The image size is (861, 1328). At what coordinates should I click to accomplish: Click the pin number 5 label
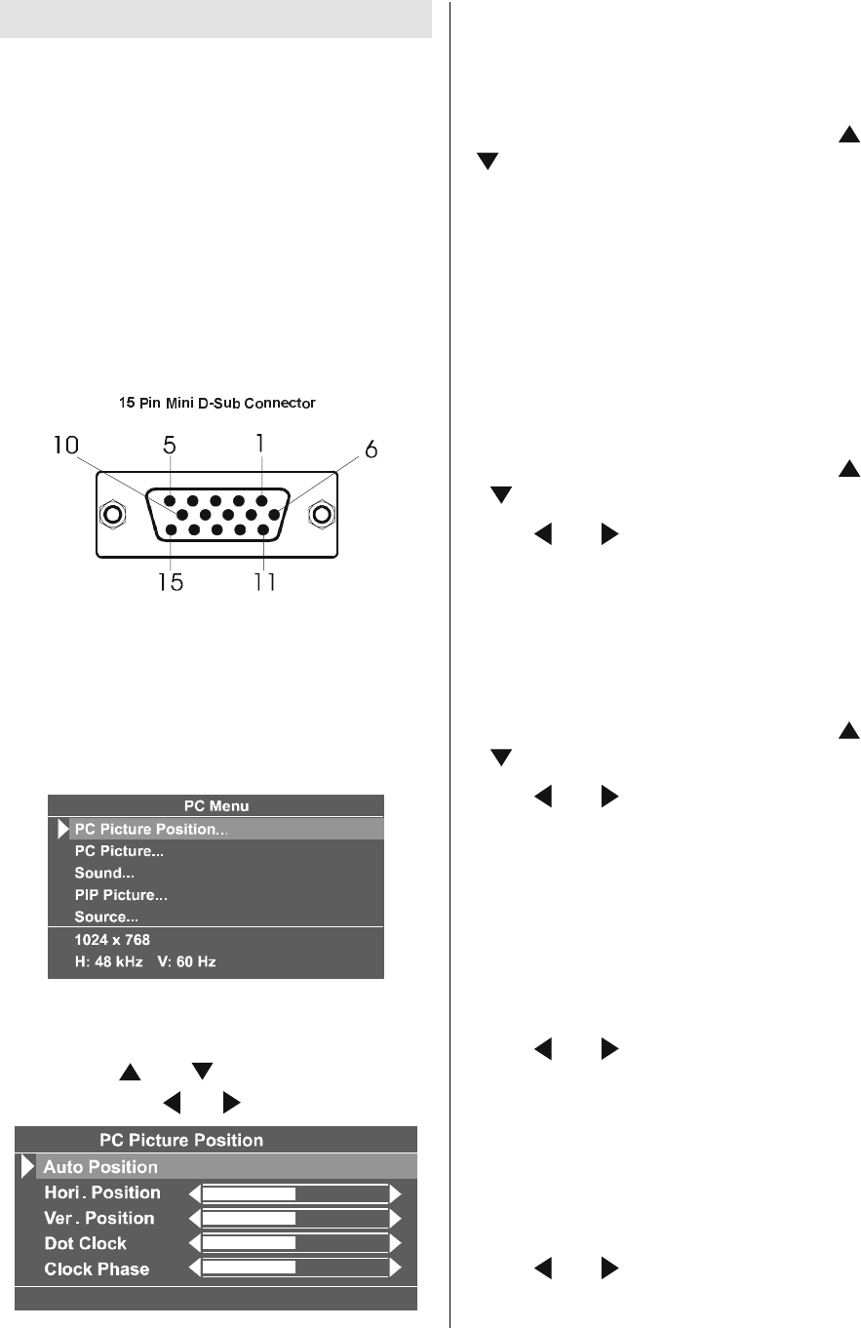pyautogui.click(x=170, y=446)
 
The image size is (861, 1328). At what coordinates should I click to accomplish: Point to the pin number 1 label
pyautogui.click(x=259, y=442)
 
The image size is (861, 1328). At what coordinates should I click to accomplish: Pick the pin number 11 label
pyautogui.click(x=258, y=583)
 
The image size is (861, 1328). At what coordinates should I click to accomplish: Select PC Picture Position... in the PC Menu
pyautogui.click(x=157, y=829)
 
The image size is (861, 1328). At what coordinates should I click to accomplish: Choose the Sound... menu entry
pyautogui.click(x=104, y=873)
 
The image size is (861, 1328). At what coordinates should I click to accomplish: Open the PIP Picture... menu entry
pyautogui.click(x=121, y=894)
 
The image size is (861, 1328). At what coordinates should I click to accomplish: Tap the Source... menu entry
pyautogui.click(x=108, y=917)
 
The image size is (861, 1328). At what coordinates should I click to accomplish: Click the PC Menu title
pyautogui.click(x=216, y=805)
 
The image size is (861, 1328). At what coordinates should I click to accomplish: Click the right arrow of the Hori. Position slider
pyautogui.click(x=396, y=1192)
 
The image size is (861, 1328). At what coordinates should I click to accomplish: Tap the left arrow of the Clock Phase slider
pyautogui.click(x=193, y=1269)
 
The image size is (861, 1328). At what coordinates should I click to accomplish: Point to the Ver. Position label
pyautogui.click(x=99, y=1218)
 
